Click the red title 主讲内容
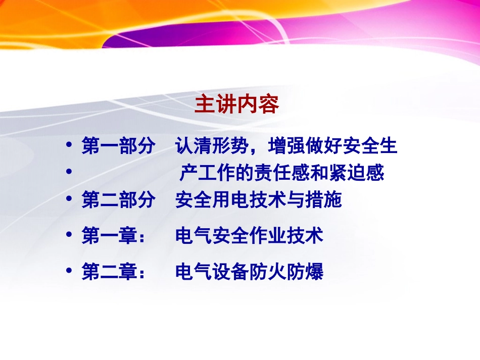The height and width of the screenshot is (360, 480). coord(236,105)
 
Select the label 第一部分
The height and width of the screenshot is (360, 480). coord(118,146)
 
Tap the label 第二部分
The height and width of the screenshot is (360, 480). coord(118,200)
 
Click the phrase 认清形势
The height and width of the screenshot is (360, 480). coord(212,146)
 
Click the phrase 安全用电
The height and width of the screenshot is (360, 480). coord(212,200)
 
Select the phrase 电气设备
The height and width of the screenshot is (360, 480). coord(212,272)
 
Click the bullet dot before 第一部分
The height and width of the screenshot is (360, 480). coord(69,146)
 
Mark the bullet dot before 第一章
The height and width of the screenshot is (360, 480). coord(69,235)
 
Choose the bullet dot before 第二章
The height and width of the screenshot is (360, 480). coord(69,272)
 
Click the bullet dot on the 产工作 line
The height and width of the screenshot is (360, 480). coord(69,173)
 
